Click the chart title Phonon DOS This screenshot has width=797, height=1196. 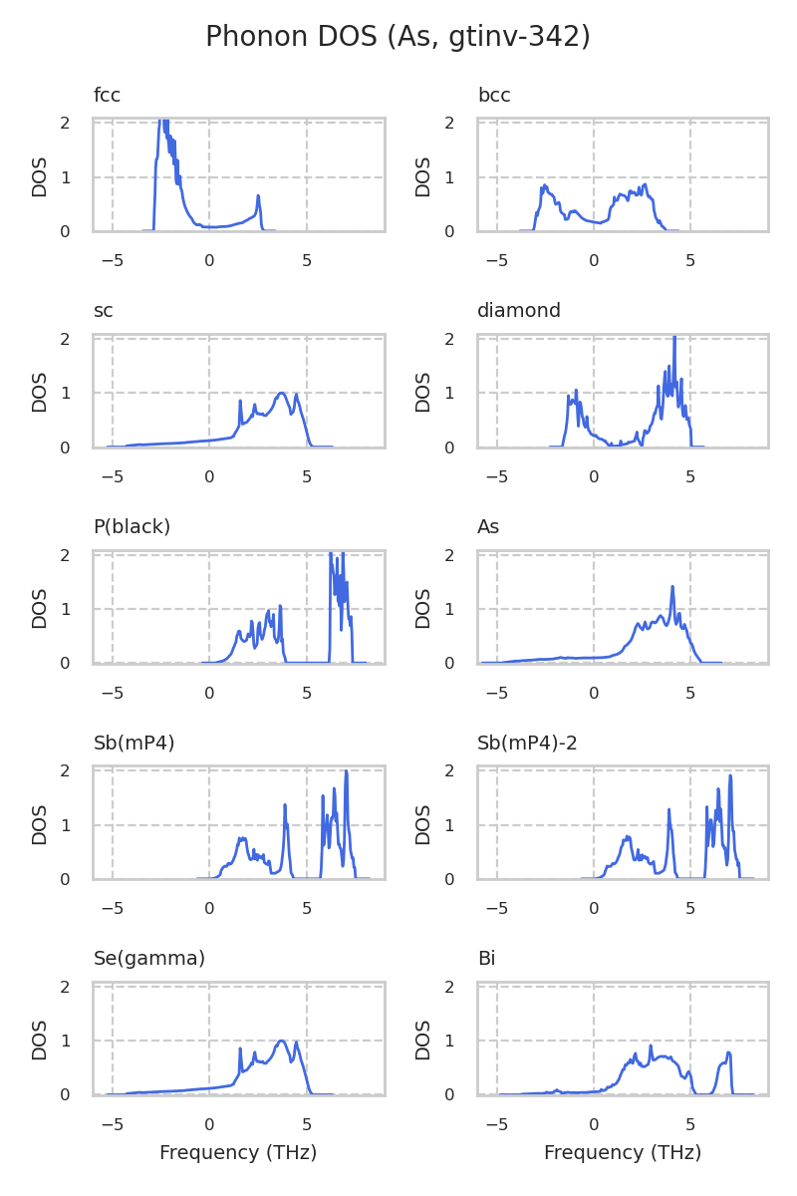tap(398, 37)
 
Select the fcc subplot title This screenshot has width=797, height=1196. tap(107, 96)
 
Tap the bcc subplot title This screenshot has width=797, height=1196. tap(494, 96)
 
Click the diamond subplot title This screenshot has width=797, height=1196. tap(518, 311)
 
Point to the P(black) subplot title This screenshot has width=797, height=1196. tap(132, 526)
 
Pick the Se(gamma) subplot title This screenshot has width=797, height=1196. tap(148, 959)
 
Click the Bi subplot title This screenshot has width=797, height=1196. tap(486, 959)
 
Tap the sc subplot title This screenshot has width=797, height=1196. tap(103, 311)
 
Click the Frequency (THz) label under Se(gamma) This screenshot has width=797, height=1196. tap(238, 1153)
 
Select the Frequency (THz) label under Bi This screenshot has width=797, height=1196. tap(623, 1153)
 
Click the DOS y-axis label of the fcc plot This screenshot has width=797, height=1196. tap(40, 176)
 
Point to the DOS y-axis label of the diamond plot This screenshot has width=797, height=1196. tap(424, 392)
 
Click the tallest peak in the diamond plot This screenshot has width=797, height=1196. tap(674, 338)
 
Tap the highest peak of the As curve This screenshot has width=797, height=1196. tap(672, 587)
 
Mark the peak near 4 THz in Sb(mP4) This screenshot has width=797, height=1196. tap(285, 805)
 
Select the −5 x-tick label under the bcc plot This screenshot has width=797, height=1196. tap(496, 261)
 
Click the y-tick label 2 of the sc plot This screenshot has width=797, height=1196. tap(64, 339)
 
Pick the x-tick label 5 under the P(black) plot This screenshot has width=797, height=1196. tap(307, 693)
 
